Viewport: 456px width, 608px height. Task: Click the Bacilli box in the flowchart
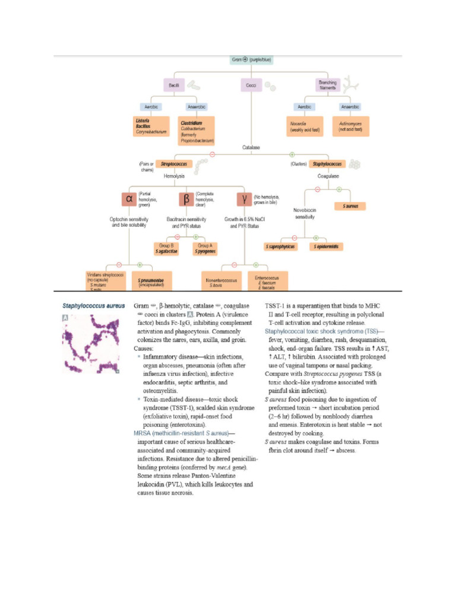(174, 86)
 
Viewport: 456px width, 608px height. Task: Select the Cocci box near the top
(251, 86)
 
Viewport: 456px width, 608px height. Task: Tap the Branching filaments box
(328, 86)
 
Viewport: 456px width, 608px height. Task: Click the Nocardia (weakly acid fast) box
(304, 126)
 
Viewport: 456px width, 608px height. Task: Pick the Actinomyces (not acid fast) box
(350, 126)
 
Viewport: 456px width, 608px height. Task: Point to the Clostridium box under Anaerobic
(197, 131)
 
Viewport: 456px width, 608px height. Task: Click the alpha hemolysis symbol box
(128, 199)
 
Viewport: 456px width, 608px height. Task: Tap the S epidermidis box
(327, 246)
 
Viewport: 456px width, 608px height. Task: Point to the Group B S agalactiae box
(168, 248)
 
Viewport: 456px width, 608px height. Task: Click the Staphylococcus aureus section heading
(94, 306)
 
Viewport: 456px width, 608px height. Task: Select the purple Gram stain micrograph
(91, 344)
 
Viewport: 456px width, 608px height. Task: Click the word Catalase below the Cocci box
(251, 147)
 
